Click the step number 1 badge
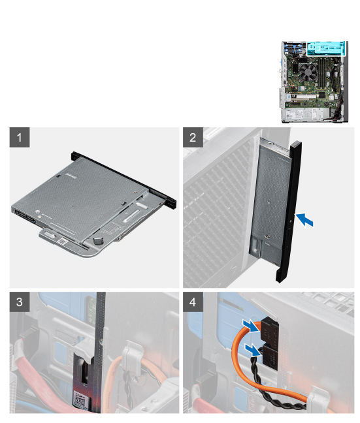tap(20, 137)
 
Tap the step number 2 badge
tap(193, 137)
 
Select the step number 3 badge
tap(20, 302)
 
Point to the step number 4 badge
tap(193, 302)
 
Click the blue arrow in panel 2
tap(305, 220)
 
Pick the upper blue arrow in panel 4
tap(251, 326)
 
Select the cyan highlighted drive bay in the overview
tap(326, 48)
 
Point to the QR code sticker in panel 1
tap(62, 241)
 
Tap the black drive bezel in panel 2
tap(289, 211)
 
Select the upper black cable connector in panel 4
tap(269, 331)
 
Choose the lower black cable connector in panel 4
tap(270, 357)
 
